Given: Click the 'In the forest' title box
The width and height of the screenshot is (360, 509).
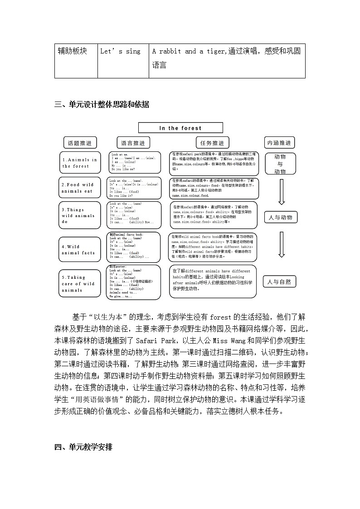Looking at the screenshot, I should point(180,128).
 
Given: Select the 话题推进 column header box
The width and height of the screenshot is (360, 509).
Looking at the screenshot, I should point(79,143).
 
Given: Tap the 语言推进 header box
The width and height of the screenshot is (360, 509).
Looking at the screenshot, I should point(133,143).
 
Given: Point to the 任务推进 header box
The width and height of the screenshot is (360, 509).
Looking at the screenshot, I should point(212,143).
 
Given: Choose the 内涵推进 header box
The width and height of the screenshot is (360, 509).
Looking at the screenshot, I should point(279,143).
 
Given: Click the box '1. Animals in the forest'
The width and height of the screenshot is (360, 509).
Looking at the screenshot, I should point(80,163).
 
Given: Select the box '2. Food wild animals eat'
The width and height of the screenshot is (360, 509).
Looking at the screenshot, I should point(80,188).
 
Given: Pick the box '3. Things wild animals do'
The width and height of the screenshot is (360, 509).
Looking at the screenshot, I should point(80,216).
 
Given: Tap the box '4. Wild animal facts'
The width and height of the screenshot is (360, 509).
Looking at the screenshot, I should point(80,250).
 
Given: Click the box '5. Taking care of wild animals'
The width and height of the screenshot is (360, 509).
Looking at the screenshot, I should point(80,284).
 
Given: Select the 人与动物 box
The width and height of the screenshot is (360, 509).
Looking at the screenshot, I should point(280,218).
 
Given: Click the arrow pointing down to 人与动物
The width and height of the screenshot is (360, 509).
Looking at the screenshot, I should point(281,192).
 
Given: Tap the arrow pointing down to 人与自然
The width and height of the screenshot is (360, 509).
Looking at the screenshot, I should point(281,245).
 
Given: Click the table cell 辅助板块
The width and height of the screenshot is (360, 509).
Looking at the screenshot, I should point(76,51).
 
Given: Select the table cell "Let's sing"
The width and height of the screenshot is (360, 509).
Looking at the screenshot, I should point(121,51).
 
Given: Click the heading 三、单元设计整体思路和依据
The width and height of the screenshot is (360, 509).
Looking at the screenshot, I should point(102,105).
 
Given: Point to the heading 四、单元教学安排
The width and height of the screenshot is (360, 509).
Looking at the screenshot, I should point(83,447).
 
